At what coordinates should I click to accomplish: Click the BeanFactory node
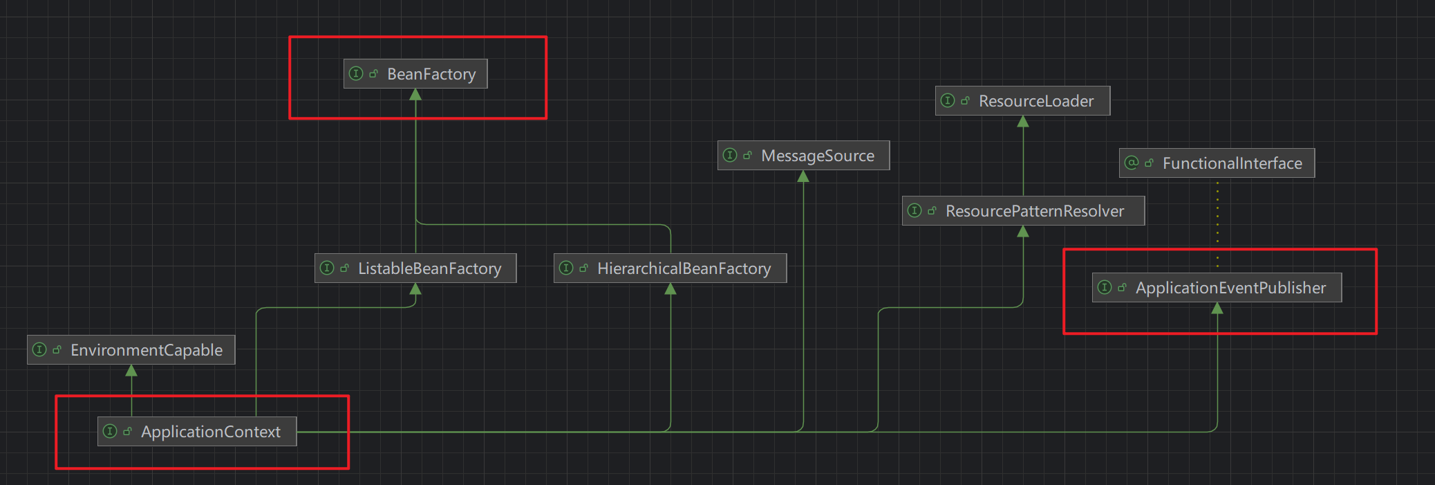[x=415, y=74]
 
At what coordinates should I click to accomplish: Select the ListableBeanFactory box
[x=415, y=268]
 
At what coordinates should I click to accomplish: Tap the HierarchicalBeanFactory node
[x=670, y=268]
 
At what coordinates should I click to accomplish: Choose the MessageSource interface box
[x=803, y=156]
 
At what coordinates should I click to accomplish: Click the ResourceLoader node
[x=1022, y=101]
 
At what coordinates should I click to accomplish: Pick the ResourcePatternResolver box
[x=1023, y=211]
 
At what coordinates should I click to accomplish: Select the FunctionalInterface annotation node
[x=1217, y=163]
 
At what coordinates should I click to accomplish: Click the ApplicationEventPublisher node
[x=1217, y=288]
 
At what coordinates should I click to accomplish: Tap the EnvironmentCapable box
[x=131, y=350]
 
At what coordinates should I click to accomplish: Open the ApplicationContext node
[x=197, y=432]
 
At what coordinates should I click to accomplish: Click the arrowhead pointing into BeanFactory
[x=415, y=95]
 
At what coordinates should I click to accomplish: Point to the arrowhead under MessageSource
[x=803, y=176]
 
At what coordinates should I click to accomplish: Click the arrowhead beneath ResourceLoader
[x=1023, y=122]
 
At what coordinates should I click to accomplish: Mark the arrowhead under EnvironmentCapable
[x=131, y=371]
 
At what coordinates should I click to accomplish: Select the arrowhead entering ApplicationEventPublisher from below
[x=1217, y=309]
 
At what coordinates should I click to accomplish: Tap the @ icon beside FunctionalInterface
[x=1132, y=163]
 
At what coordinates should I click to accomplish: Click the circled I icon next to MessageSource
[x=730, y=155]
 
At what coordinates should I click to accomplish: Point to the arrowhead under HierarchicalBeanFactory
[x=670, y=289]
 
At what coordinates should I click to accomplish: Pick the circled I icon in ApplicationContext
[x=110, y=431]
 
